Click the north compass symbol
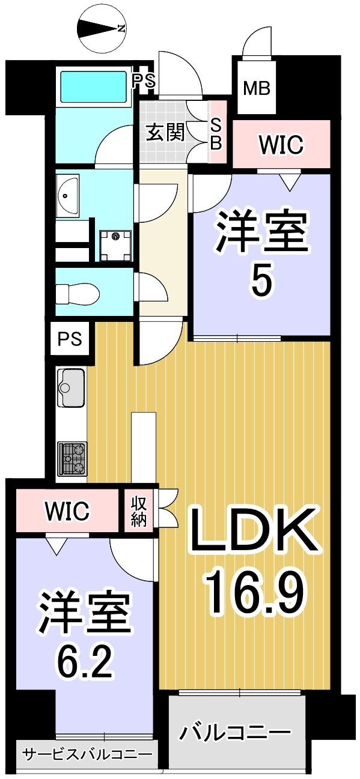[102, 29]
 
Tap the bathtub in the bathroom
[93, 87]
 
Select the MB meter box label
[257, 88]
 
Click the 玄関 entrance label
[165, 133]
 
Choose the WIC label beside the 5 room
[281, 144]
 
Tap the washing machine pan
[115, 246]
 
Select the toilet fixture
[78, 292]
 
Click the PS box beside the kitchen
[70, 339]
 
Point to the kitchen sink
[70, 387]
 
